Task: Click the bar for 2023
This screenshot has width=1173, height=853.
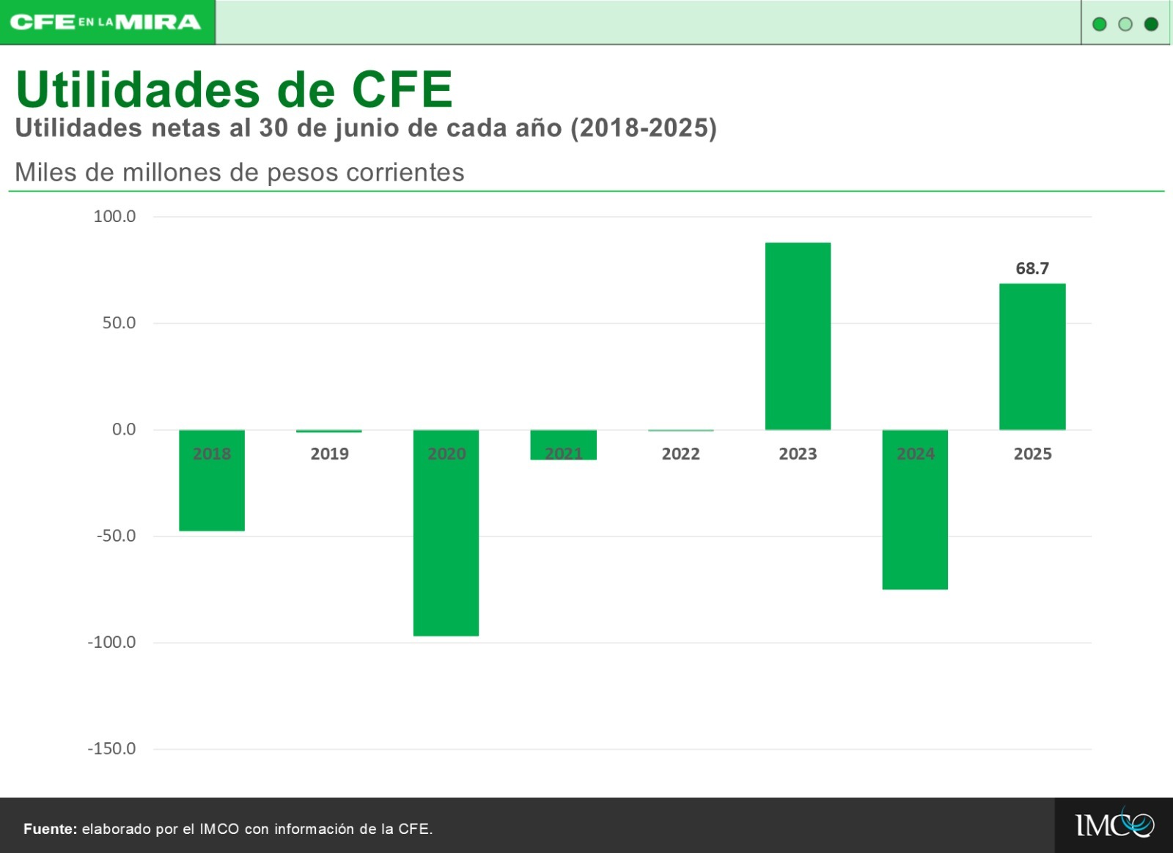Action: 798,336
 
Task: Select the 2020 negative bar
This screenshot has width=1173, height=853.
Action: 446,533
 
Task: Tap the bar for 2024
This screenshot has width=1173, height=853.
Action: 915,510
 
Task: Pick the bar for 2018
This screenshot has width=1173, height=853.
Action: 212,481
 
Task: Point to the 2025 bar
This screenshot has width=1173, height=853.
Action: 1032,356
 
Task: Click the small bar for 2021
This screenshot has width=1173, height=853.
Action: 564,445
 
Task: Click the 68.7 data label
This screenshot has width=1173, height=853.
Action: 1032,268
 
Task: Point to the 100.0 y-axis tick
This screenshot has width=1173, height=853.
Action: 114,216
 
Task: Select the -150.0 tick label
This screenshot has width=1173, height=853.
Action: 111,748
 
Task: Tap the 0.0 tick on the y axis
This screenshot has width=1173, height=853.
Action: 124,429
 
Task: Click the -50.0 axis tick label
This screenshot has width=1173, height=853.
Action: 116,536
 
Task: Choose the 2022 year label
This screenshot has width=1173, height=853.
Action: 680,454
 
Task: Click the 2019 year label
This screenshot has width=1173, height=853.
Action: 329,454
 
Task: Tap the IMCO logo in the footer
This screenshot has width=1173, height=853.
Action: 1114,824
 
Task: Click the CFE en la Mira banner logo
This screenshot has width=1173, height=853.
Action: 106,23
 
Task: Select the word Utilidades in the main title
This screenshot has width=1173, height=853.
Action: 139,89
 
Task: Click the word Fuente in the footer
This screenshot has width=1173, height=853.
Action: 51,829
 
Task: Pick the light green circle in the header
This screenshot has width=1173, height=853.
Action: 1125,24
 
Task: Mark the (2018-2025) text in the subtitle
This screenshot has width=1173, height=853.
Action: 644,128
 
